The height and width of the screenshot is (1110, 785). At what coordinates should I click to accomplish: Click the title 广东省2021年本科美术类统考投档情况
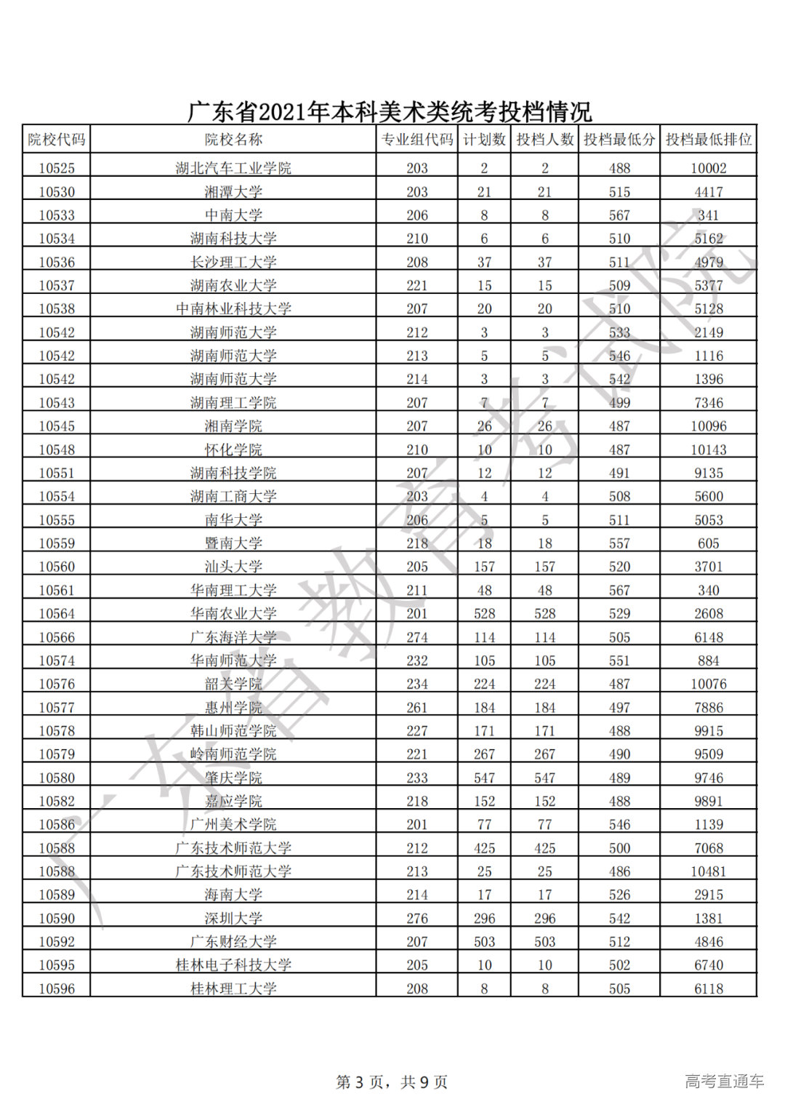[x=390, y=111]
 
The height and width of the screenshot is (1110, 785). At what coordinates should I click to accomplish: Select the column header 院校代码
[x=56, y=140]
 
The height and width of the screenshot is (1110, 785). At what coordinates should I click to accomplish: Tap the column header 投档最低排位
[x=708, y=140]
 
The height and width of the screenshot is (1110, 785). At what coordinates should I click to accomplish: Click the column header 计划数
[x=484, y=140]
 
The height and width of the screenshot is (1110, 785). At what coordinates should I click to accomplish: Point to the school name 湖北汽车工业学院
[x=233, y=168]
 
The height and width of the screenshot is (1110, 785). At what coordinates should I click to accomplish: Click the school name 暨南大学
[x=233, y=543]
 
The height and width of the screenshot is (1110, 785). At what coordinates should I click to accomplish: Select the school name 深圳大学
[x=233, y=918]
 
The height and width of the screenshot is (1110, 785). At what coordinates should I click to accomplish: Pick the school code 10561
[x=57, y=590]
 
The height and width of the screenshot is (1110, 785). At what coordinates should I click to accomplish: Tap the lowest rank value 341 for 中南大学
[x=708, y=215]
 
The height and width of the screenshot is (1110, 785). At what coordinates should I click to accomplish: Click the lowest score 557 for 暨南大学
[x=619, y=543]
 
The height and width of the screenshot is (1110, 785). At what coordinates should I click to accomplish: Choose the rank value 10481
[x=708, y=871]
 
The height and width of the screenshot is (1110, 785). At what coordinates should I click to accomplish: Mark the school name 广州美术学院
[x=233, y=824]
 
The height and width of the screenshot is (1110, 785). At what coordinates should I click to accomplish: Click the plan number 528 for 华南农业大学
[x=484, y=613]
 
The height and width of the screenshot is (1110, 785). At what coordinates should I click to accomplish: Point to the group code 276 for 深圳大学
[x=417, y=918]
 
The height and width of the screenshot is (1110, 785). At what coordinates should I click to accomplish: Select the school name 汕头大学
[x=233, y=567]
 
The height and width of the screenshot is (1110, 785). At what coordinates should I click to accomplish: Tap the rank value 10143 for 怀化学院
[x=708, y=450]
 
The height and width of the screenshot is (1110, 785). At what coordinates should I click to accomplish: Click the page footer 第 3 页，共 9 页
[x=392, y=1082]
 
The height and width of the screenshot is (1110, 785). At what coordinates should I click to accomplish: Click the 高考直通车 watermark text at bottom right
[x=724, y=1081]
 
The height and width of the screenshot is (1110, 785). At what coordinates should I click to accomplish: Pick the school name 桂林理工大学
[x=233, y=989]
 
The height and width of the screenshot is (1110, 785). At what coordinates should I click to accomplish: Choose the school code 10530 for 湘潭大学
[x=57, y=192]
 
